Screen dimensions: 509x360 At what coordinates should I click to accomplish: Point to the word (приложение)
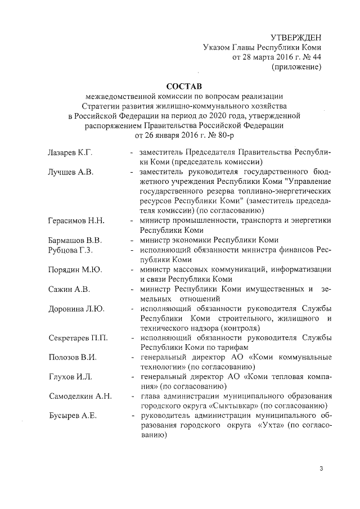[296, 67]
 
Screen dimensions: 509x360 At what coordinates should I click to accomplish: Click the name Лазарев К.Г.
[70, 153]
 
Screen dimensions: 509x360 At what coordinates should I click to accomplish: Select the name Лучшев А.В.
[71, 172]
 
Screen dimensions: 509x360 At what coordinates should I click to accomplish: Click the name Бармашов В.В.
[75, 240]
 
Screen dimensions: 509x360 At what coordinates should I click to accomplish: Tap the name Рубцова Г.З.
[70, 250]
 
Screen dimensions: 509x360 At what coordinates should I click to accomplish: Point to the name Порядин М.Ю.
[75, 269]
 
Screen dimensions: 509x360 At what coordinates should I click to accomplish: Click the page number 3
[321, 469]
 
